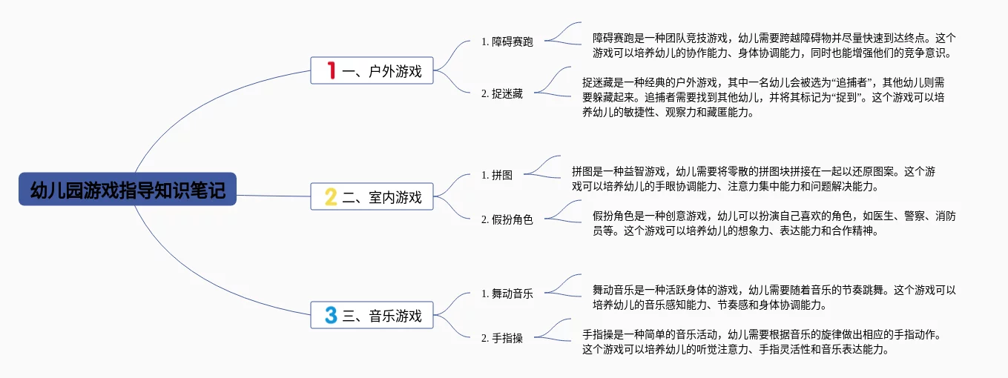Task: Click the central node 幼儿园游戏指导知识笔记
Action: coord(127,190)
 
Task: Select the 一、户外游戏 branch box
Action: coord(371,71)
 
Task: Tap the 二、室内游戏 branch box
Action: coord(371,197)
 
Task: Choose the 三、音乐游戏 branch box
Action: coord(371,316)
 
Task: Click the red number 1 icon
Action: coord(331,71)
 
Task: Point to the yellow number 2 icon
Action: coord(331,197)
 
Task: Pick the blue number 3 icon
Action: coord(331,316)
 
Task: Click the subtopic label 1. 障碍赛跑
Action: coord(507,42)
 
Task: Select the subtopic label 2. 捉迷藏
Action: coord(502,94)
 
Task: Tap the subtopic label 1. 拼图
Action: coord(497,176)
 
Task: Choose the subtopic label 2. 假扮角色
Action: coord(507,220)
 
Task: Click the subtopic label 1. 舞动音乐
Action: coord(507,294)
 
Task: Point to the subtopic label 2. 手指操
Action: coord(502,338)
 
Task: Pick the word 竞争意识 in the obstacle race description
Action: coord(925,53)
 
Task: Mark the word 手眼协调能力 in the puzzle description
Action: coord(661,186)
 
